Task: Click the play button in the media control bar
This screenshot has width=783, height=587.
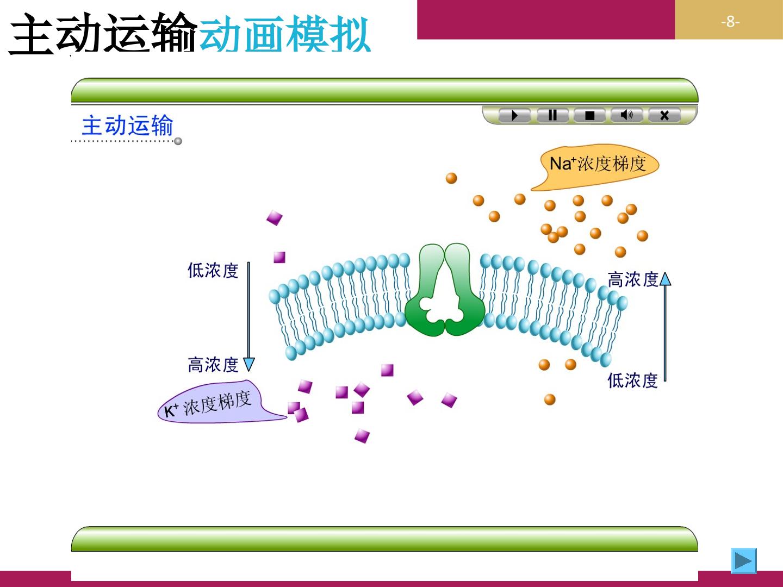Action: pyautogui.click(x=514, y=115)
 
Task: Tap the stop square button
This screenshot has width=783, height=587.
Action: pyautogui.click(x=589, y=115)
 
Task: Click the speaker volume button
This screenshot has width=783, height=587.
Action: pyautogui.click(x=627, y=115)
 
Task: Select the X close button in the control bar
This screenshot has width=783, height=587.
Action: pyautogui.click(x=664, y=115)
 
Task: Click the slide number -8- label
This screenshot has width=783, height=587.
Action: pyautogui.click(x=730, y=22)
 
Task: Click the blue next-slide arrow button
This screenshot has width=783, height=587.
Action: pyautogui.click(x=744, y=560)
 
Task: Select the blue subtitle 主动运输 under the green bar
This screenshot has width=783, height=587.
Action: pyautogui.click(x=127, y=125)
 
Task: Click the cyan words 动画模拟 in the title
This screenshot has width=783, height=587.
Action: pyautogui.click(x=285, y=34)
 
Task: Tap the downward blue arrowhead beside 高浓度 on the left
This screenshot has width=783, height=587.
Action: pyautogui.click(x=249, y=365)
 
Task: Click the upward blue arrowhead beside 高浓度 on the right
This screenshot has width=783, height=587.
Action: pyautogui.click(x=666, y=279)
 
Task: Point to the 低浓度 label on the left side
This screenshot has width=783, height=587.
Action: pyautogui.click(x=213, y=270)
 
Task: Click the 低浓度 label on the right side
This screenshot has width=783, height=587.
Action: pyautogui.click(x=632, y=380)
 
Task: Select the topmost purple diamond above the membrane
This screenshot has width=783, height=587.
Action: pyautogui.click(x=274, y=218)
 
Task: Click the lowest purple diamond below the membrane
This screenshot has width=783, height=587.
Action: pyautogui.click(x=362, y=436)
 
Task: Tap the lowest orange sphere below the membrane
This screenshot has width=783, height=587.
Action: pyautogui.click(x=550, y=399)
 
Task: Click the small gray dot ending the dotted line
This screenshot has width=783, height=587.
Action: pyautogui.click(x=178, y=141)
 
